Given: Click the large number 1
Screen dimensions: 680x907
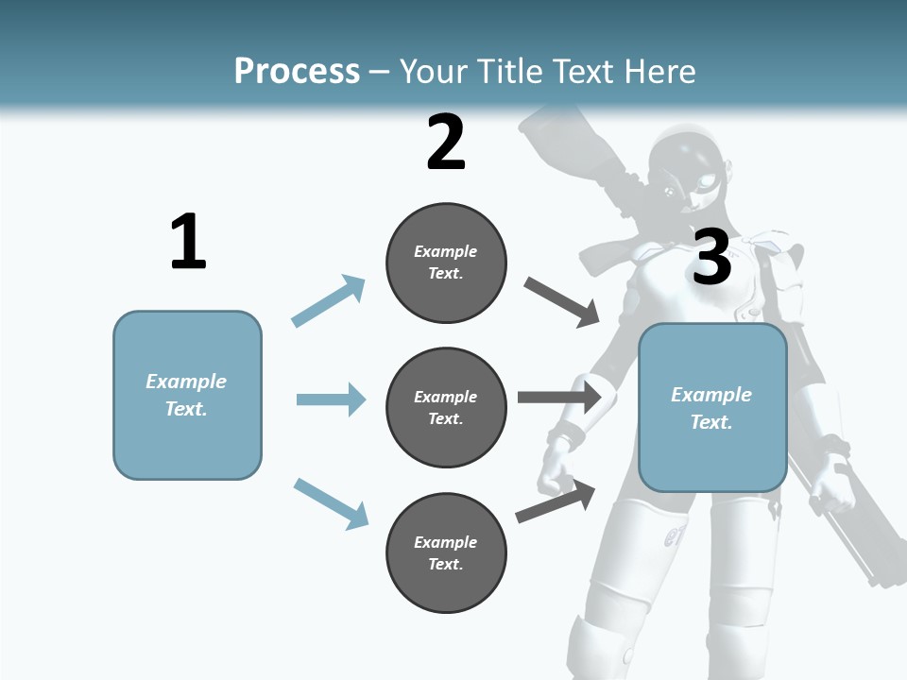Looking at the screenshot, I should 188,243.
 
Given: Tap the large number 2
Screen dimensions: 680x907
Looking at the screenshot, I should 446,143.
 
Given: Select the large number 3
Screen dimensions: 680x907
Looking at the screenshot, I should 711,257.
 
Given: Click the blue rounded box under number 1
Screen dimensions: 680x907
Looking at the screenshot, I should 187,395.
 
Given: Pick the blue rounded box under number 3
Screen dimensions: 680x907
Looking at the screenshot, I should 712,408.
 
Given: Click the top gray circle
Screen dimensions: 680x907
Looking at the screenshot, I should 446,263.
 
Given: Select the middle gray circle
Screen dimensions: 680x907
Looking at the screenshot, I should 446,408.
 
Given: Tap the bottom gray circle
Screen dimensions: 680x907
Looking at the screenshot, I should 446,553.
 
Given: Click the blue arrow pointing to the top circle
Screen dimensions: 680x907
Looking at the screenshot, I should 329,301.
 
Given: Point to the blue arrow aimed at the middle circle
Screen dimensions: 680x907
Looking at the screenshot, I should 331,399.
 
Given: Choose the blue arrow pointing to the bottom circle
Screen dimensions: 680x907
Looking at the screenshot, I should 331,503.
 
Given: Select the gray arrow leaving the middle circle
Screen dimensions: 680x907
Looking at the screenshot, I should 559,397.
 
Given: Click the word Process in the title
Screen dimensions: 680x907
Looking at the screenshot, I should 297,71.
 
